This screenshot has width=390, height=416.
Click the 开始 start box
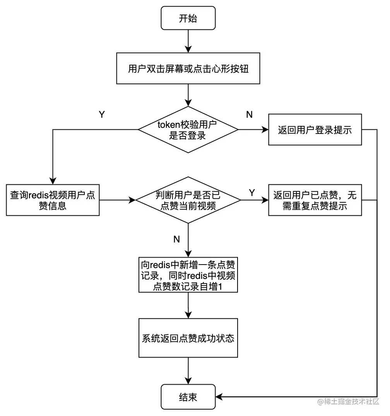pos(188,18)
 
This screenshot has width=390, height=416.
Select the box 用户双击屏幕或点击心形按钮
pos(188,69)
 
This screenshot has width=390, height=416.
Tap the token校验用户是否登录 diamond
pos(188,130)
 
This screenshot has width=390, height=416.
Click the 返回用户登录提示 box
pos(315,130)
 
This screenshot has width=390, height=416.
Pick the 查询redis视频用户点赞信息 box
pos(53,200)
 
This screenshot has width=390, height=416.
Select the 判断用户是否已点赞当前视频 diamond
pos(188,200)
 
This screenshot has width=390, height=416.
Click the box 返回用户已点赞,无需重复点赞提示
pos(315,200)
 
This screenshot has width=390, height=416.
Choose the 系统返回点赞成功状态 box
pos(188,338)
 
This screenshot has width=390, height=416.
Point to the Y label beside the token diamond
pos(102,115)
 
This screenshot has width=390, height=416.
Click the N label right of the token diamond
pos(250,115)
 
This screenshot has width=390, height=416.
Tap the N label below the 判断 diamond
pos(176,239)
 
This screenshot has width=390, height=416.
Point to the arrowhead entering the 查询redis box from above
pos(53,180)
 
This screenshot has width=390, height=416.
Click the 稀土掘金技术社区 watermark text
pos(348,402)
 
